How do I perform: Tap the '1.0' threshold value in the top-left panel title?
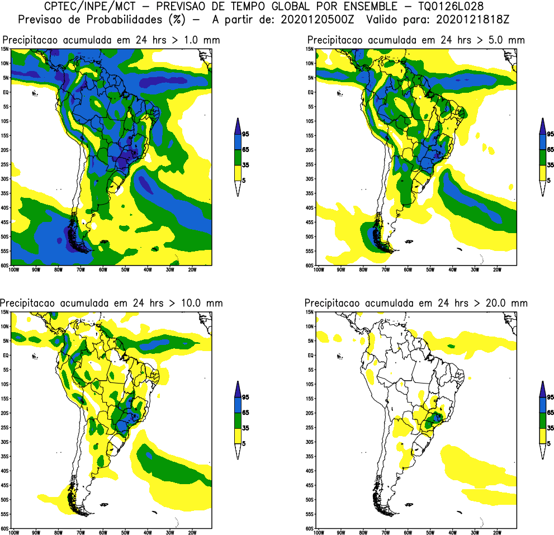(x=186, y=40)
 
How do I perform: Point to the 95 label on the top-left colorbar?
(x=245, y=134)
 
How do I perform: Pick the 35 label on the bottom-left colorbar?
(x=245, y=428)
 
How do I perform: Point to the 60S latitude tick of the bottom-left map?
(x=5, y=528)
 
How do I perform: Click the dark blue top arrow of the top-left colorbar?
(x=238, y=125)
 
